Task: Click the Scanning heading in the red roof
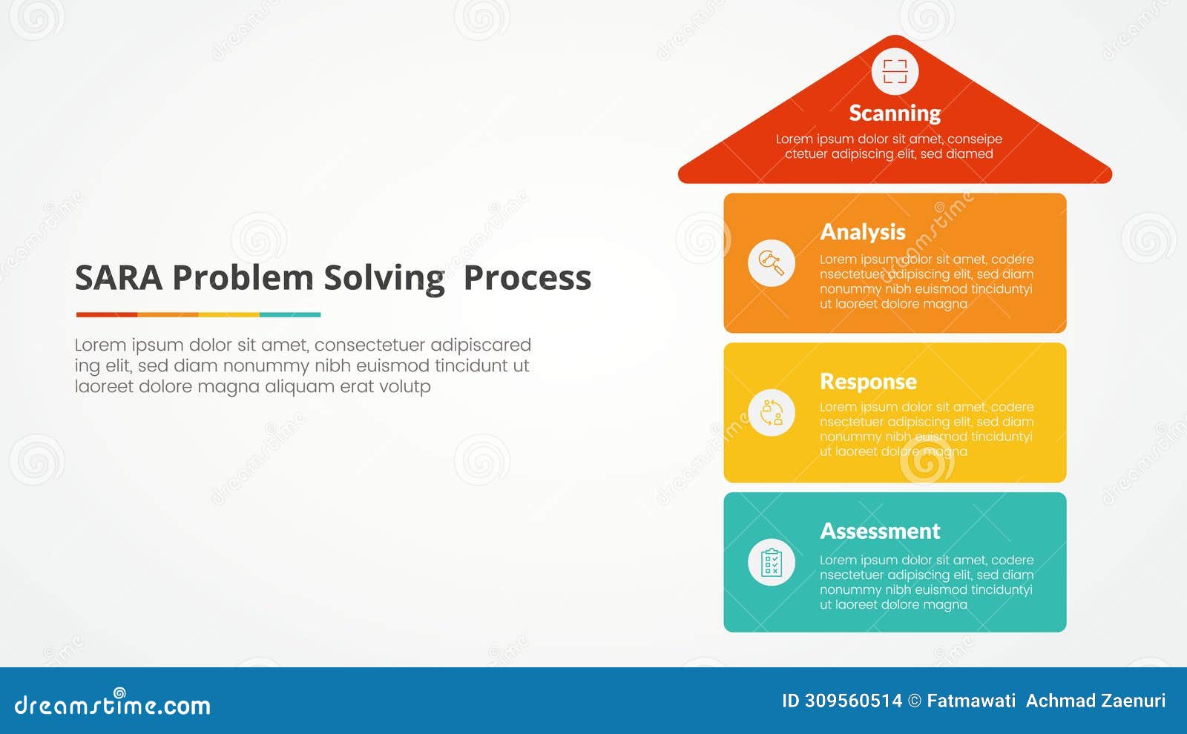coord(895,113)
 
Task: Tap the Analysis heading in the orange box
coord(863,232)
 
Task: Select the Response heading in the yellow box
coord(868,381)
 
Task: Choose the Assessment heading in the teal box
coord(880,531)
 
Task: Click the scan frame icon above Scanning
coord(895,72)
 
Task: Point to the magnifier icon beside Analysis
coord(772,262)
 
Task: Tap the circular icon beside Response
coord(772,412)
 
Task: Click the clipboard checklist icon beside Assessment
coord(772,562)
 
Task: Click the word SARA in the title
coord(119,278)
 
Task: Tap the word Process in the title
coord(527,278)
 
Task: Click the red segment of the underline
coord(106,314)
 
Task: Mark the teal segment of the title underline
coord(290,314)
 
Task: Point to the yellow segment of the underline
coord(228,314)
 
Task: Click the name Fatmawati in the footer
coord(970,701)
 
